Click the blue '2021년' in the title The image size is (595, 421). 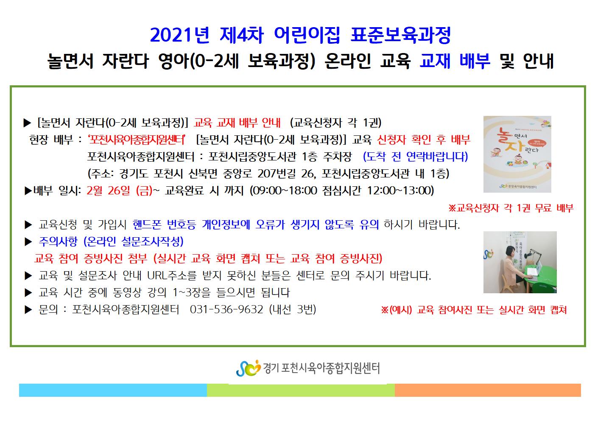pyautogui.click(x=180, y=35)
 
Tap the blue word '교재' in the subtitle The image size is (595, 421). pyautogui.click(x=435, y=61)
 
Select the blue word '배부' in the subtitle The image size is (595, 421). pyautogui.click(x=475, y=61)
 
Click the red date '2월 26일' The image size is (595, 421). pyautogui.click(x=108, y=190)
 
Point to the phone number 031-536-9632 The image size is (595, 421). pyautogui.click(x=226, y=309)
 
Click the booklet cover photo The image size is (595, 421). pyautogui.click(x=517, y=154)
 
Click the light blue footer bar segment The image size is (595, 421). pyautogui.click(x=113, y=390)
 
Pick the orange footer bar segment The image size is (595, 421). pyautogui.click(x=488, y=390)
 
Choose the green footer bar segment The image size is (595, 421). pyautogui.click(x=301, y=390)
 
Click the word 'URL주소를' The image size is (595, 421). pyautogui.click(x=172, y=275)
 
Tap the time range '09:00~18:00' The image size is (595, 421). pyautogui.click(x=285, y=190)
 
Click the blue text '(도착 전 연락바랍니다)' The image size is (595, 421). pyautogui.click(x=416, y=157)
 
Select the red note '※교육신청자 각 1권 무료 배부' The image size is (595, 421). pyautogui.click(x=511, y=208)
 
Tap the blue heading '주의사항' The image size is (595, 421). pyautogui.click(x=58, y=241)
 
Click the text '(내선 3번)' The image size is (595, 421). pyautogui.click(x=293, y=309)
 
